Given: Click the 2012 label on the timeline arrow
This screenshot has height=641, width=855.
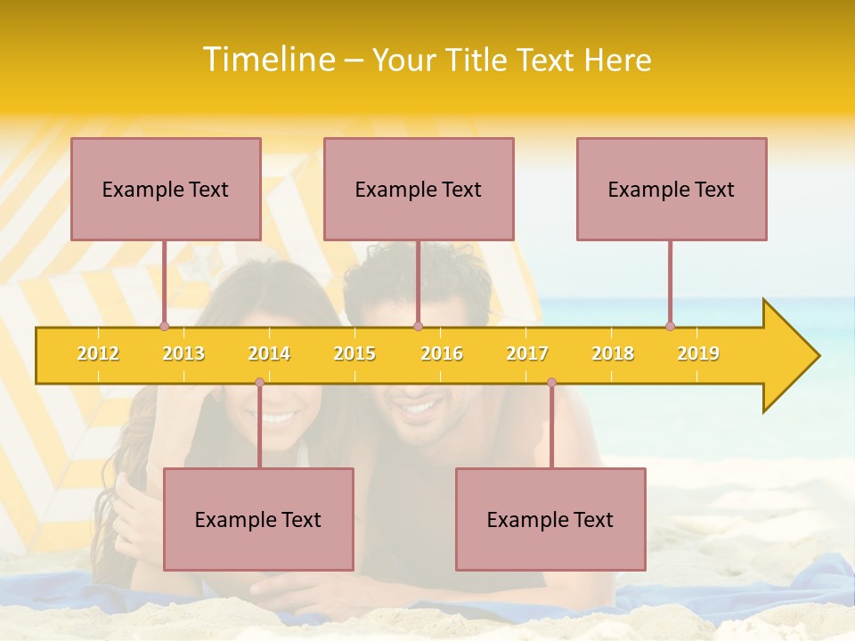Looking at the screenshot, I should [98, 354].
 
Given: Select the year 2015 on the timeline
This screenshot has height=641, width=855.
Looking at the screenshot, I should [354, 354].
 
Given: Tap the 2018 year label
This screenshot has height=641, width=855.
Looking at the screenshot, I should [613, 354].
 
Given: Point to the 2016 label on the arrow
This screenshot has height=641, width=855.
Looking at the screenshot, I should [442, 354].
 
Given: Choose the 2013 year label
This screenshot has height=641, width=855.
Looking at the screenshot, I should [183, 354].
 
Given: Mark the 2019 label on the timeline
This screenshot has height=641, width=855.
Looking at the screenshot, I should [698, 354].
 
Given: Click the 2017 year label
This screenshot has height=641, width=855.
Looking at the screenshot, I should [527, 354].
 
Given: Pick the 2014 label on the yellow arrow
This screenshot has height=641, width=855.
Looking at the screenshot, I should [269, 354].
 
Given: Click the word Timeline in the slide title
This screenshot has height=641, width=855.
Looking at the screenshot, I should [267, 60].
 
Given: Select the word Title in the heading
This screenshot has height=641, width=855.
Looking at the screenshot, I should [478, 60].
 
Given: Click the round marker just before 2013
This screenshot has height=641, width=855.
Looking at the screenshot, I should [164, 327].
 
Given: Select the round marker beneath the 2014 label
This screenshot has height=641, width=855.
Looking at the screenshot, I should [259, 383].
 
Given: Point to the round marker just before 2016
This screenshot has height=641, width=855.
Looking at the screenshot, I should [418, 327].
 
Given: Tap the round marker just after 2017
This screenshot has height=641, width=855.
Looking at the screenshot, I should [551, 383].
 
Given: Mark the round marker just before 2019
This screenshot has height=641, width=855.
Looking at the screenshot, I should [670, 327].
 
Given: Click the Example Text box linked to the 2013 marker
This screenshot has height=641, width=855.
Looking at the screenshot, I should [166, 189].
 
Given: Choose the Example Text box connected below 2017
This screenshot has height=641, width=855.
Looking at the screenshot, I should [550, 519].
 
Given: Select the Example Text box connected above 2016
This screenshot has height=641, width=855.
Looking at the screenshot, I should [419, 189].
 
